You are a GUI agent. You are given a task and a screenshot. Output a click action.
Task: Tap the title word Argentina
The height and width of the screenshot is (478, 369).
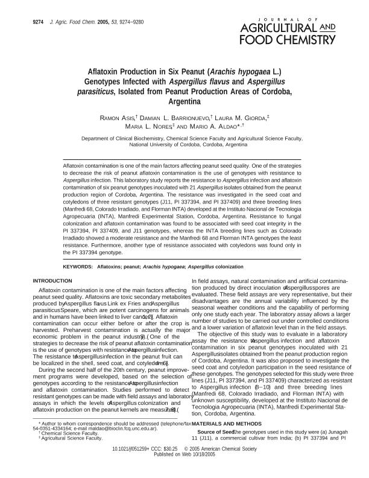point(184,103)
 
